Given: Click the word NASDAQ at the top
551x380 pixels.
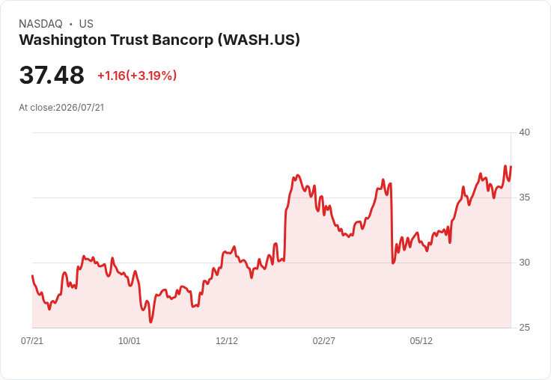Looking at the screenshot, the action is tap(40, 24).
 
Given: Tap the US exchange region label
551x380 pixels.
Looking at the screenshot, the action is tap(86, 24).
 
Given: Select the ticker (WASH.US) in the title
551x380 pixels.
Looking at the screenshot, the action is tap(259, 40).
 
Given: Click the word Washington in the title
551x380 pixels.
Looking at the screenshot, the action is tap(63, 40).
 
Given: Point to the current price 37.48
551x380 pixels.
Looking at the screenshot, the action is tap(52, 75).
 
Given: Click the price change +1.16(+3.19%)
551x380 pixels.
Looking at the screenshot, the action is tap(137, 76).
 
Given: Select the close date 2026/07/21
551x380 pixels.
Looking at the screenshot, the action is tap(80, 108).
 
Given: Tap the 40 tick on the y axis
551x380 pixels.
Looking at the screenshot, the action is tap(524, 132).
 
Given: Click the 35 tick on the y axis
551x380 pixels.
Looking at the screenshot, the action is tap(524, 197).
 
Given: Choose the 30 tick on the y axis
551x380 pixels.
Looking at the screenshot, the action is tap(524, 263).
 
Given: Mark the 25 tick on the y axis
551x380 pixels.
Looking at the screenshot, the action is tap(524, 328).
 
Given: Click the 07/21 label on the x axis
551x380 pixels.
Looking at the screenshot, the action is tap(32, 341).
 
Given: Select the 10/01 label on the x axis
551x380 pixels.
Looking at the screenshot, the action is tap(130, 341).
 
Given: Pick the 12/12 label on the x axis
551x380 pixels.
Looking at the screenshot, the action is tap(227, 341).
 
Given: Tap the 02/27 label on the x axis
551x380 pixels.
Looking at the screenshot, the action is tap(323, 341).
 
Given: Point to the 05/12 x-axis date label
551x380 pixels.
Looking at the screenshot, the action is tap(421, 341).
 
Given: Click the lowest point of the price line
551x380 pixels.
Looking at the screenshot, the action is tap(150, 322).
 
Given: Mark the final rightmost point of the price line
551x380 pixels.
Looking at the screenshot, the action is tap(511, 167).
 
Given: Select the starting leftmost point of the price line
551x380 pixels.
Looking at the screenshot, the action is tap(32, 276).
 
